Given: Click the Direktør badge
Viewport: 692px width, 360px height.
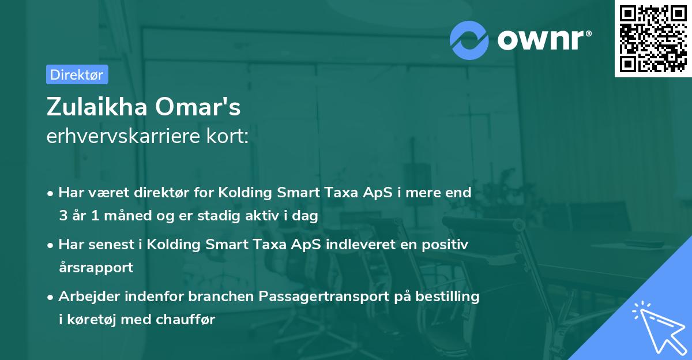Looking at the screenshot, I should pos(77,74).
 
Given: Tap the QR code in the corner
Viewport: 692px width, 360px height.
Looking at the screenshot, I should pos(652,38).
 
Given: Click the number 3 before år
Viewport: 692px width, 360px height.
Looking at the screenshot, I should pos(62,215).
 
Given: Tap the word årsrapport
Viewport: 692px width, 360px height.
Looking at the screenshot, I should pos(96,267).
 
